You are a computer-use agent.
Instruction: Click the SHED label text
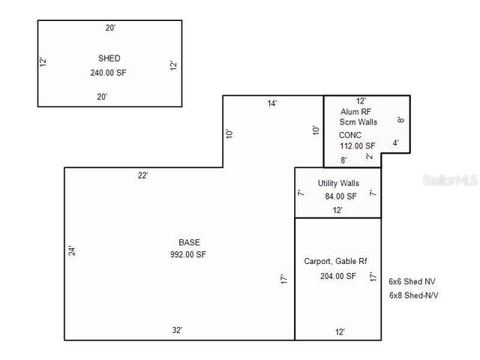(109, 58)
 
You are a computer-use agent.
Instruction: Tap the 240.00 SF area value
(109, 73)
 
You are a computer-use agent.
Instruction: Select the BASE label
(189, 242)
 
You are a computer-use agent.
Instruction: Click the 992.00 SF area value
(188, 255)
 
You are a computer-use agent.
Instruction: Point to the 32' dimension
(178, 330)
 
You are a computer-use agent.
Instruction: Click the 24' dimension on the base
(72, 251)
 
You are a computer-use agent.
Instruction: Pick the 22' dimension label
(143, 175)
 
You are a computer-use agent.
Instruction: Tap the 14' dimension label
(272, 103)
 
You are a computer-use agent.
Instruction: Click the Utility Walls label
(338, 183)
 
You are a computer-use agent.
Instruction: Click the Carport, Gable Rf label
(335, 262)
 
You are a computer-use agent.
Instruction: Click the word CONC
(350, 135)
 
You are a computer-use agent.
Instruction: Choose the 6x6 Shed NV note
(412, 282)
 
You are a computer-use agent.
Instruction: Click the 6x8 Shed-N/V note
(413, 295)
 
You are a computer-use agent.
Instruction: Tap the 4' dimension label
(395, 142)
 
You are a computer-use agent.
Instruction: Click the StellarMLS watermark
(449, 181)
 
